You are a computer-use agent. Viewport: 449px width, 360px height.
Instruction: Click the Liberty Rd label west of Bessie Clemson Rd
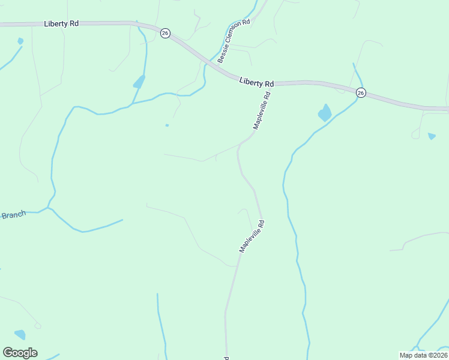pyautogui.click(x=61, y=24)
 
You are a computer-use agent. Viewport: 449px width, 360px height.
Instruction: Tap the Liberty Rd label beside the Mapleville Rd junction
pyautogui.click(x=256, y=82)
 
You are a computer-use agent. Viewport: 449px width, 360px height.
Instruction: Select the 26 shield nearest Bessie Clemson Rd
pyautogui.click(x=165, y=32)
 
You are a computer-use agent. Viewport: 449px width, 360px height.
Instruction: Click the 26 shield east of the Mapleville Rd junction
pyautogui.click(x=360, y=92)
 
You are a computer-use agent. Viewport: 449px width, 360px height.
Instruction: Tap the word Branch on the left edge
pyautogui.click(x=13, y=215)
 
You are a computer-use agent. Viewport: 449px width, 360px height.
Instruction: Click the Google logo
pyautogui.click(x=20, y=353)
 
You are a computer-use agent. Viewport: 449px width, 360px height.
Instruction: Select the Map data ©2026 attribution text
pyautogui.click(x=423, y=355)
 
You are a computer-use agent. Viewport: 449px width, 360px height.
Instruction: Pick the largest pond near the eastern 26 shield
pyautogui.click(x=325, y=112)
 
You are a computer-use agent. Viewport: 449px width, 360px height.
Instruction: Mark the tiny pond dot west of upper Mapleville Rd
pyautogui.click(x=167, y=125)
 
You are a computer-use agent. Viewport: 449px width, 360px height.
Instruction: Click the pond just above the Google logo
pyautogui.click(x=20, y=334)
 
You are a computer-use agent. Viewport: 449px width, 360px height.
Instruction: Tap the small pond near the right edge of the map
pyautogui.click(x=432, y=136)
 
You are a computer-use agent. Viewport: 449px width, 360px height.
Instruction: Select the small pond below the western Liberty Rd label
pyautogui.click(x=20, y=41)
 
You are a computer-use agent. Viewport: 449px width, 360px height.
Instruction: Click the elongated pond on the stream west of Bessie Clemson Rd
pyautogui.click(x=139, y=81)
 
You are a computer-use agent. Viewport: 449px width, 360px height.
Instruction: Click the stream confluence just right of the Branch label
pyautogui.click(x=49, y=208)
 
